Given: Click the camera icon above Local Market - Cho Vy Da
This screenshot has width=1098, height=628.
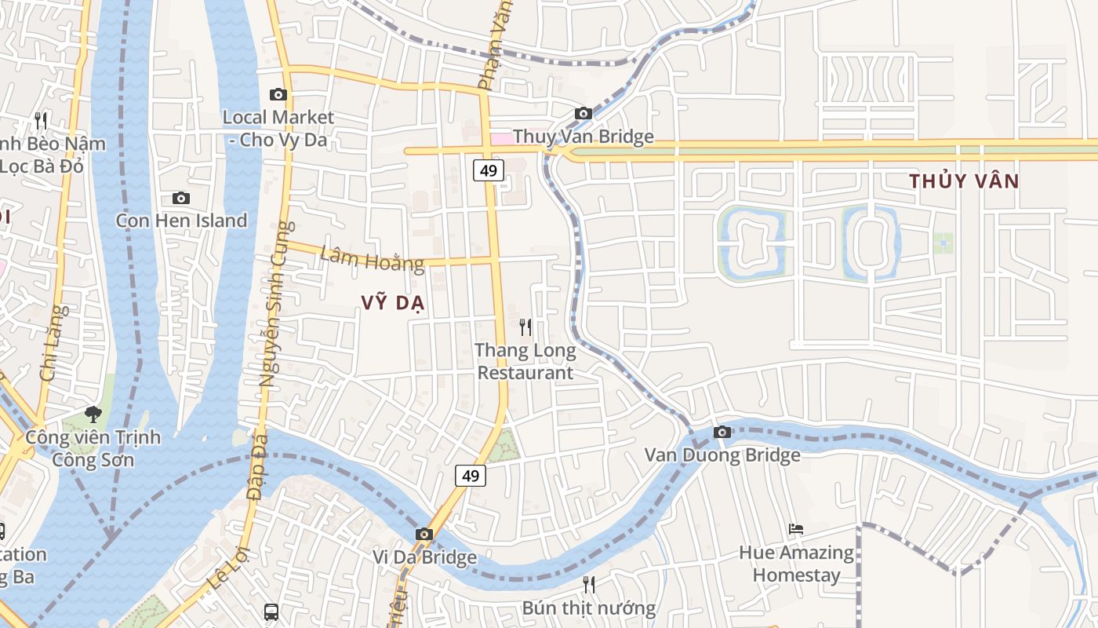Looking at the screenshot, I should [278, 95].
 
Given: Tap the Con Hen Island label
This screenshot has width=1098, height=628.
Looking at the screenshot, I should [181, 221].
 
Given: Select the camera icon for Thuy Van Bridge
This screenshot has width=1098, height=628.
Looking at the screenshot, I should [583, 114].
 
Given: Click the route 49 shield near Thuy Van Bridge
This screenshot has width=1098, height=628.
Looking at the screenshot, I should [488, 170].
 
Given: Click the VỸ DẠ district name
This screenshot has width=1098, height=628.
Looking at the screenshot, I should [392, 303].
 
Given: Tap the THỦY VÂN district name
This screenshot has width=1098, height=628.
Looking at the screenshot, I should [964, 181].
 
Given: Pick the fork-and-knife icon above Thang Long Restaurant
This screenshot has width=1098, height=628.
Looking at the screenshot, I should [525, 327].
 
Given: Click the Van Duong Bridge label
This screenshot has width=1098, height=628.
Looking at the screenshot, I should [722, 455].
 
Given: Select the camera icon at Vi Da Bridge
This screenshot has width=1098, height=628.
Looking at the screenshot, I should [424, 535].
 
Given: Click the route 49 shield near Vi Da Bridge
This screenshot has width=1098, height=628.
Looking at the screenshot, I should [471, 475].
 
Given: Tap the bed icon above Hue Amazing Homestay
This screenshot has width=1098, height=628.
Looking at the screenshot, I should [796, 529].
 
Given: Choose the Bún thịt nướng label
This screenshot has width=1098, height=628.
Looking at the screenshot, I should [589, 608].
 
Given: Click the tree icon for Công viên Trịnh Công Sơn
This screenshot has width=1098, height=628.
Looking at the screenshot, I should [93, 414].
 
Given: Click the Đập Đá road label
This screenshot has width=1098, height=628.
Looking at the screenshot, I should [256, 466].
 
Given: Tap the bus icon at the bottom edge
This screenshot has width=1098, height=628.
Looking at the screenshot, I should [271, 612].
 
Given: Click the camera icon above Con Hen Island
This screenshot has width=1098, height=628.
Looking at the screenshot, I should [181, 199].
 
